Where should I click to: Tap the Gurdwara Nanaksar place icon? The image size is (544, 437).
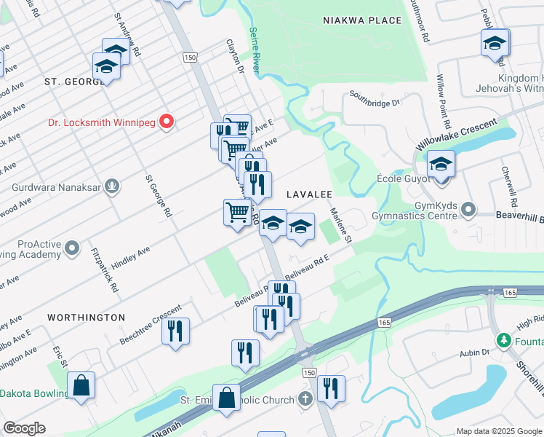[111, 186]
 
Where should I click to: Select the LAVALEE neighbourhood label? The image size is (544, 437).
[309, 194]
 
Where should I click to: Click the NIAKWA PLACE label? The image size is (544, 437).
[362, 20]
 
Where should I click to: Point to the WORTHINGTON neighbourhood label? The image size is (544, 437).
[87, 318]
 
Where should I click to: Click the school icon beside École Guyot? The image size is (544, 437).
[441, 165]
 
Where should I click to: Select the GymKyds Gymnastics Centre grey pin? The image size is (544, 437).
[468, 210]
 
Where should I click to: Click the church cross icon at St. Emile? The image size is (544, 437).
[305, 399]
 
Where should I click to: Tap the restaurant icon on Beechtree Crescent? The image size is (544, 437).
[175, 331]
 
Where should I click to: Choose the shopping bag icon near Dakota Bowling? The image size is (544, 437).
[81, 385]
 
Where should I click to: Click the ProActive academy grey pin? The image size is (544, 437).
[71, 249]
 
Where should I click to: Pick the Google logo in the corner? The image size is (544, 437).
[25, 428]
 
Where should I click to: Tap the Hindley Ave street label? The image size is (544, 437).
[131, 259]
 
